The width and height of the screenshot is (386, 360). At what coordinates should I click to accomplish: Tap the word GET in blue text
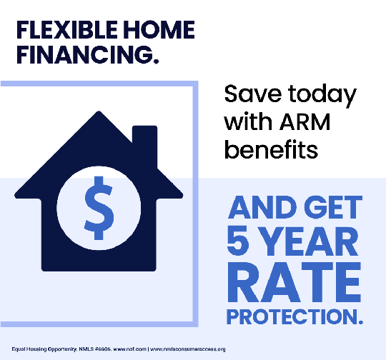[335, 209]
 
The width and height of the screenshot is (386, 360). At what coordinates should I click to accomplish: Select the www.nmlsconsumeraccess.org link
[189, 349]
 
